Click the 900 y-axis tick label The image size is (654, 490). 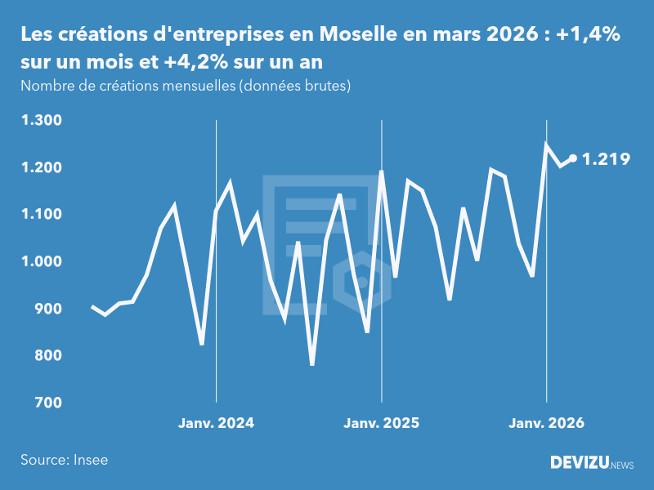[x=48, y=309]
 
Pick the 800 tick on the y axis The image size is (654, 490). [x=48, y=356]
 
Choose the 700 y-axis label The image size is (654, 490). [x=48, y=403]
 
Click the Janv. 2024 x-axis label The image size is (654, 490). [x=216, y=423]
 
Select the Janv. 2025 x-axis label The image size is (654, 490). [x=381, y=423]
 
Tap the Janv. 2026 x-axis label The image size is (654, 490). [x=546, y=423]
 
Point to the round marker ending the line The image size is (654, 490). [x=573, y=158]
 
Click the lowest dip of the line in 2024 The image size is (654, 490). [x=312, y=363]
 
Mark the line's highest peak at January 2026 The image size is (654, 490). [x=546, y=145]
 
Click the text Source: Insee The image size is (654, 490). [x=64, y=460]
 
